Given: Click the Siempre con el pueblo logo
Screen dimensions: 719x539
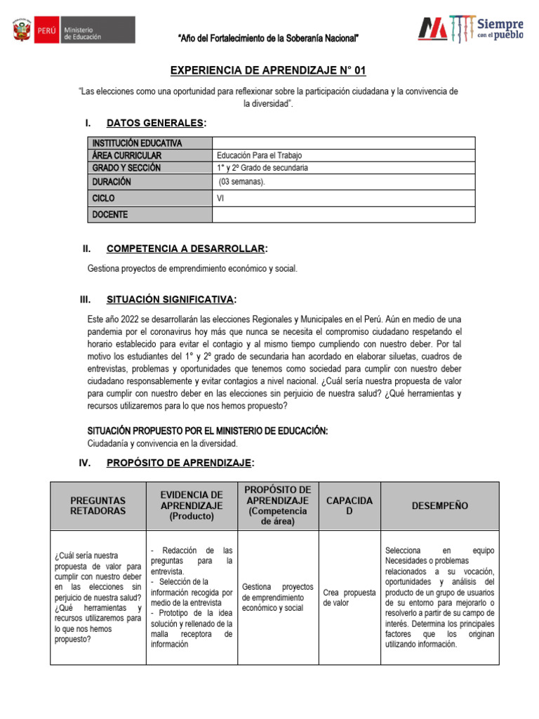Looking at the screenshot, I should (471, 28).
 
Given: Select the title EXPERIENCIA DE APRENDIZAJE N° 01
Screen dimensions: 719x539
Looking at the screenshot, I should (269, 71).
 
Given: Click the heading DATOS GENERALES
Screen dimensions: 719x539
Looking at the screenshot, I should (156, 124).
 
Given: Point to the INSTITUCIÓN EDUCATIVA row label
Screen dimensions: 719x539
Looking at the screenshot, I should (138, 143).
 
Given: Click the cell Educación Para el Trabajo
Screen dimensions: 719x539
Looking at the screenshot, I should (260, 156).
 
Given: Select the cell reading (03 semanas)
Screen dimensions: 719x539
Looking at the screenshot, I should (242, 181).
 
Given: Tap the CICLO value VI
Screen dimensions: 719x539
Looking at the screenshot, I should (221, 198).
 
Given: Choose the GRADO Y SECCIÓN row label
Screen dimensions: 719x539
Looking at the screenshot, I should (126, 168).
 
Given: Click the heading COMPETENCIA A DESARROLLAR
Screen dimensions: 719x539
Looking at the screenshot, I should (186, 249).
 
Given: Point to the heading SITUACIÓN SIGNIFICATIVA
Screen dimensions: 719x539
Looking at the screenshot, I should (171, 300).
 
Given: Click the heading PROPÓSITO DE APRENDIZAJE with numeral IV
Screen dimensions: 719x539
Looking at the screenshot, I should (179, 462).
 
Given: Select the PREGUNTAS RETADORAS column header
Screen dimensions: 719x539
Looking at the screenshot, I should (98, 506).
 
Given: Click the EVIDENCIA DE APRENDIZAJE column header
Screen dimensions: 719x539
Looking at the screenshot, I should (191, 506).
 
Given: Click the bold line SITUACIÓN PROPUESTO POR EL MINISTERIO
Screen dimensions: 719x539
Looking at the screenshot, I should (207, 430).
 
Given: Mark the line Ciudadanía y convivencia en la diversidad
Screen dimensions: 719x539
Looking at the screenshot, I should (162, 443).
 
